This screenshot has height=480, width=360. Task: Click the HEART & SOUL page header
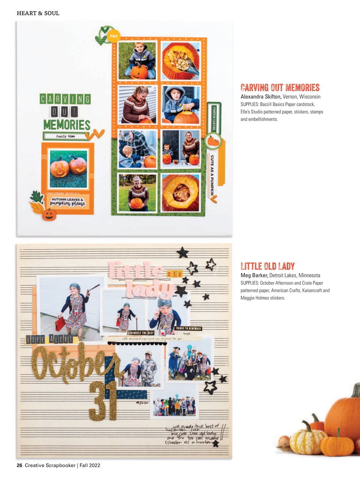38,13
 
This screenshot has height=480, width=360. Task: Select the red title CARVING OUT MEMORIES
280,88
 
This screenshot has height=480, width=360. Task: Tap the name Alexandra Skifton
261,97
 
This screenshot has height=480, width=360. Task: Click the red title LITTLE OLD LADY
267,266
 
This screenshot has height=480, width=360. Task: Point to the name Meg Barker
254,275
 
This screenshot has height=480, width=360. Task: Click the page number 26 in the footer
19,465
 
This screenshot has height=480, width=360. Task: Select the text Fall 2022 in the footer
90,465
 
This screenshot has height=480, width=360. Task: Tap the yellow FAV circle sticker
113,36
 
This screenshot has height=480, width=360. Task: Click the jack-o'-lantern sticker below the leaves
49,214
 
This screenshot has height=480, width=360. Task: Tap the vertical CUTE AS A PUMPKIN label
212,175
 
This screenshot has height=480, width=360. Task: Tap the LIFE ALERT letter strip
49,339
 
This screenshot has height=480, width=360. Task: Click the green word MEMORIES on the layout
67,124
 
